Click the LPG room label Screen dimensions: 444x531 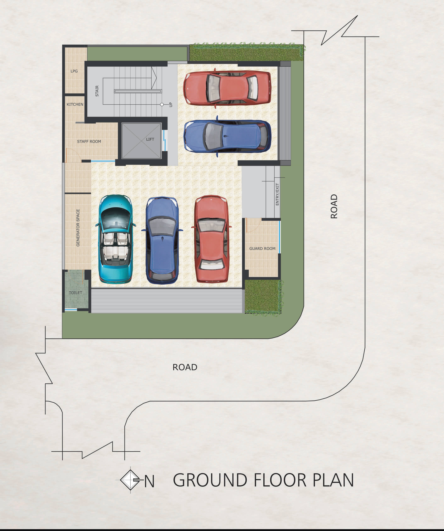(74, 71)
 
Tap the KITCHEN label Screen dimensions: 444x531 (75, 104)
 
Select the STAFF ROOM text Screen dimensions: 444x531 (89, 141)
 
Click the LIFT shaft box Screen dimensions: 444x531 (141, 141)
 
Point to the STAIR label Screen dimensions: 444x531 (97, 91)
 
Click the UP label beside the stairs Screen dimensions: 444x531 (171, 104)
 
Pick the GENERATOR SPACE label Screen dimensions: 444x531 (78, 228)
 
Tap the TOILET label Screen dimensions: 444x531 (75, 292)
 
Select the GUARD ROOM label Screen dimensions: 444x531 (262, 248)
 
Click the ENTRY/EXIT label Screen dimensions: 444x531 (277, 194)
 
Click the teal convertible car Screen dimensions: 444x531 (116, 239)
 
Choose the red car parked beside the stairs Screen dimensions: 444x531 (227, 88)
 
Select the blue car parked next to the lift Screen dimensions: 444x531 (227, 136)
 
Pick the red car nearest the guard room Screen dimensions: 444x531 (211, 239)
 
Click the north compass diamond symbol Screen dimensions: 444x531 (130, 480)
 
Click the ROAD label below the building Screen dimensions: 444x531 (185, 367)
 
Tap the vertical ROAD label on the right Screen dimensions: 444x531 (334, 206)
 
